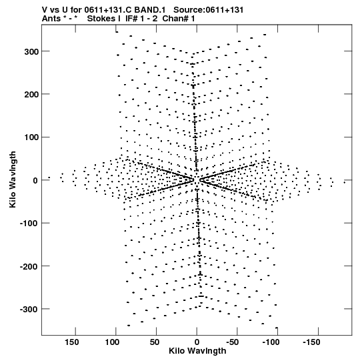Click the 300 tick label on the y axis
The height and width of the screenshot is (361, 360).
31,51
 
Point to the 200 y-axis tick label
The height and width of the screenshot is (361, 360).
31,94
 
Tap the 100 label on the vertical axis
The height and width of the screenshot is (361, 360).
31,137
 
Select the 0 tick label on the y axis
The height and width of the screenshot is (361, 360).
35,180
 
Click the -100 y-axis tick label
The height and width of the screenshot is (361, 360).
29,224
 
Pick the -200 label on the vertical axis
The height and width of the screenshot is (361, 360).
29,266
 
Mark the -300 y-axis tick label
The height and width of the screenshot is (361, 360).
29,309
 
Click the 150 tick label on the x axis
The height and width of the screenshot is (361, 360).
71,342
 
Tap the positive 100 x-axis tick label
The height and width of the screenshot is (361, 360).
112,342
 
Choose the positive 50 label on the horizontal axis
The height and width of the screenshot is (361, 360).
155,342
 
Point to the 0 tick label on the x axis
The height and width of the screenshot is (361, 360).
197,342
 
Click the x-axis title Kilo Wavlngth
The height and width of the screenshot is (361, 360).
197,351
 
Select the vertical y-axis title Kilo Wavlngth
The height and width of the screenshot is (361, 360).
13,179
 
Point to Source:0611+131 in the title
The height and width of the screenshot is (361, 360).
209,10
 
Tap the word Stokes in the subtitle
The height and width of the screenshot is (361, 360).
101,19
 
